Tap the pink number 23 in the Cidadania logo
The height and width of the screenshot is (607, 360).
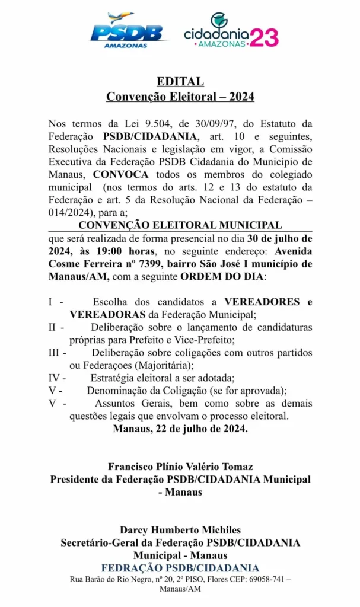[x=264, y=38]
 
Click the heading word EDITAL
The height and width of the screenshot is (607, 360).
[x=180, y=82]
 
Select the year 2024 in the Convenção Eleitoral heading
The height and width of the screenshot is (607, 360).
[x=241, y=97]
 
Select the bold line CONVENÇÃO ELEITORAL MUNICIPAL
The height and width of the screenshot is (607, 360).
[x=180, y=225]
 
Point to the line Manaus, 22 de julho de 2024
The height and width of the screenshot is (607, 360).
[x=180, y=429]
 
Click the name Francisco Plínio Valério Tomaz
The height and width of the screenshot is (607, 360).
[x=180, y=467]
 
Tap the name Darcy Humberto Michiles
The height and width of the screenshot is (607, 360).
[x=180, y=530]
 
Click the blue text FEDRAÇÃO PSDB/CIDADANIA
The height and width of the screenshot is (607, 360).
[x=180, y=568]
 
